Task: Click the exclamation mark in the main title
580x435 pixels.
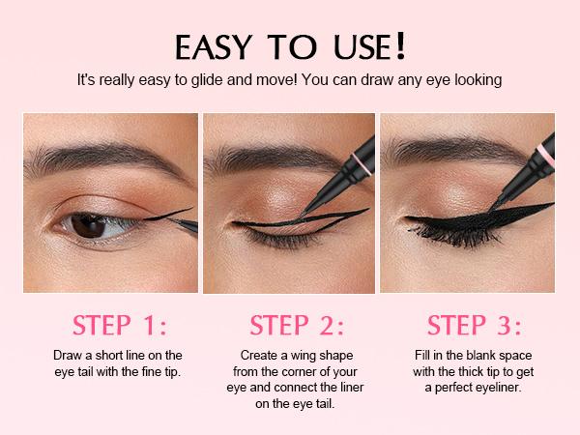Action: click(400, 45)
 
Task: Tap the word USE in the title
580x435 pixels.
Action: click(362, 47)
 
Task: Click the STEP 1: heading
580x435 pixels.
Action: click(120, 325)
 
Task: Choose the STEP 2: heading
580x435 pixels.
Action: click(297, 325)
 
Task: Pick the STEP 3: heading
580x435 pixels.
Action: click(474, 325)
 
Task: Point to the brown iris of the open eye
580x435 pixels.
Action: click(89, 225)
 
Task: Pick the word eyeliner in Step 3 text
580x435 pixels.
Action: click(499, 388)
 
